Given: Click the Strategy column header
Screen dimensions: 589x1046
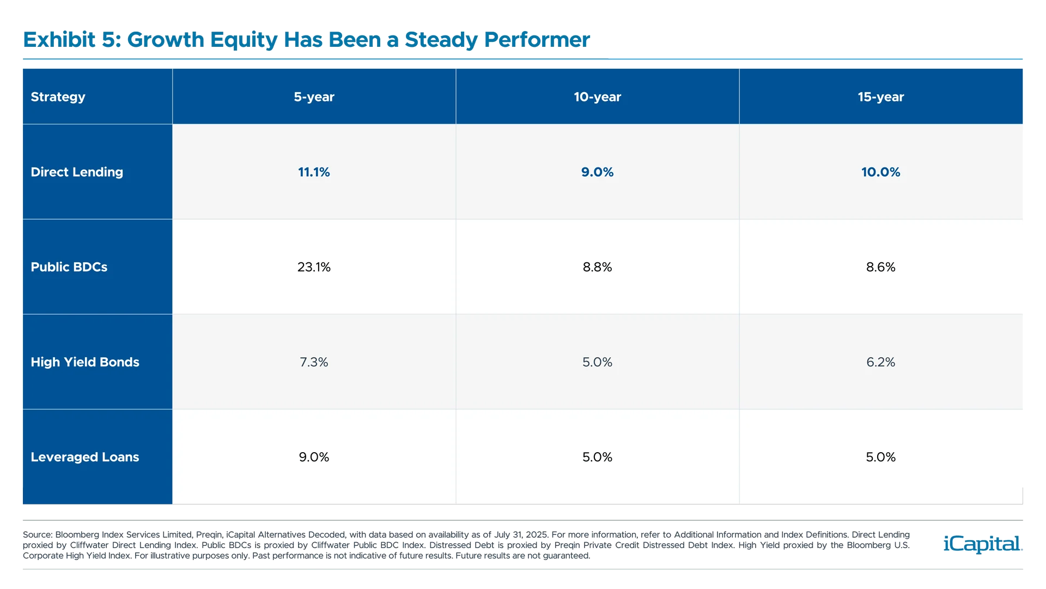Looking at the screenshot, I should (x=58, y=97).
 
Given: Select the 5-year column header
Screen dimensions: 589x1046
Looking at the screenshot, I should (x=314, y=97).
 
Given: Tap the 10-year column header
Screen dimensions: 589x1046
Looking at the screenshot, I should (x=597, y=97).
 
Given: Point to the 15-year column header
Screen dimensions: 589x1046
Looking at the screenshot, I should (x=880, y=97).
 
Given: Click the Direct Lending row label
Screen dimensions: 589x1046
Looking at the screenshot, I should (x=77, y=172).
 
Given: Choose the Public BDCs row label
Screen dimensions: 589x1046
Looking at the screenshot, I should (x=69, y=267).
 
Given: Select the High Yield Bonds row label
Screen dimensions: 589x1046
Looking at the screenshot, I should (x=85, y=362).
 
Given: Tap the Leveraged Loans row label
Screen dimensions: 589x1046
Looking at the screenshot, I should (x=85, y=457).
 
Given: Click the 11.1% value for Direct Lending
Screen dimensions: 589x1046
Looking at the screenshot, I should (x=314, y=172).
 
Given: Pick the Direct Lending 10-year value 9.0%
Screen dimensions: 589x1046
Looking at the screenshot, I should (x=597, y=172).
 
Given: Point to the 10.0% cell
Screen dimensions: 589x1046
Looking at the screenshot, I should (x=880, y=172).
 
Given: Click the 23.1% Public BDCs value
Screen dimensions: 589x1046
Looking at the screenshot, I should (x=314, y=267).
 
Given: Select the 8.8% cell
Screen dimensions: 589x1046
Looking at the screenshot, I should (x=597, y=267).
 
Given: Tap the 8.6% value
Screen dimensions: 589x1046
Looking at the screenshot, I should (x=880, y=267).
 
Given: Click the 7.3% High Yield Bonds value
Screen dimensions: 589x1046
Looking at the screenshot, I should (x=314, y=362).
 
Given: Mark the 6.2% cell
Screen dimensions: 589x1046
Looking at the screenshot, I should (x=880, y=362).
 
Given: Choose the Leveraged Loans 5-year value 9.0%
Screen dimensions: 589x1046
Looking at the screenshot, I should (x=314, y=457).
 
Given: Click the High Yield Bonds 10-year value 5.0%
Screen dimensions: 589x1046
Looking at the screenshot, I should (x=597, y=362).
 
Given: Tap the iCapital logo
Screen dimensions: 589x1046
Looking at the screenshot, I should (x=981, y=544).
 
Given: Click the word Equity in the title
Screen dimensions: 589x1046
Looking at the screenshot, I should (x=244, y=40).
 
